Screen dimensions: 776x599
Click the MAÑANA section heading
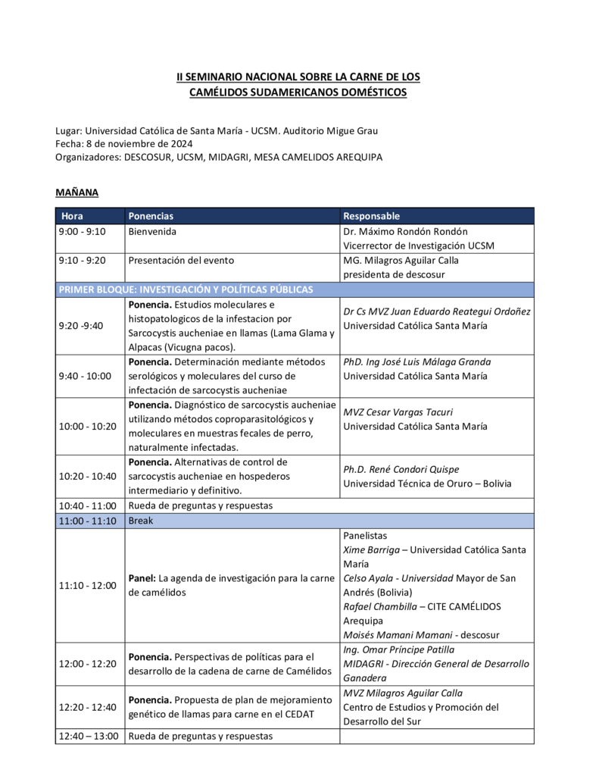tap(76, 192)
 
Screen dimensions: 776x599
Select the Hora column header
tap(73, 216)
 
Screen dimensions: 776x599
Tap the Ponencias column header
tap(151, 216)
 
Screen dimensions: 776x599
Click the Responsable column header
tap(371, 216)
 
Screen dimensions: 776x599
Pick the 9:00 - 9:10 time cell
tap(82, 231)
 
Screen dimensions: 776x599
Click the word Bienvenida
tap(152, 231)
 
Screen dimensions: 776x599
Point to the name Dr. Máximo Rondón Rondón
tap(405, 231)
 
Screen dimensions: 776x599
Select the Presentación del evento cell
tap(181, 260)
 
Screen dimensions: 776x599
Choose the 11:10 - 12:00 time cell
tap(87, 585)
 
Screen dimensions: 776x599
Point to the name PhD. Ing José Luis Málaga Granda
tap(416, 361)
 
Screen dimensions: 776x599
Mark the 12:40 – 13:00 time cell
tap(89, 736)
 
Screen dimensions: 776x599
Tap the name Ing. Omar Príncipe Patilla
tap(398, 649)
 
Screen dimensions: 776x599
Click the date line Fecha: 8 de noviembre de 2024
tap(124, 144)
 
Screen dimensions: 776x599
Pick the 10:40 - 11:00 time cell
tap(87, 505)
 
